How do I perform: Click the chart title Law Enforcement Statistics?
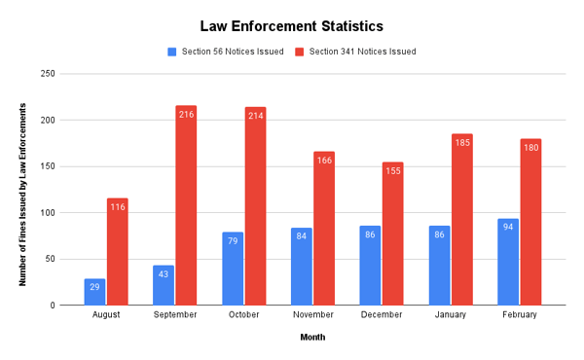tap(291, 26)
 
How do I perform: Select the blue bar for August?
tap(95, 292)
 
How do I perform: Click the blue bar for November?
tap(302, 267)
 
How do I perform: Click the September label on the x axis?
tap(175, 315)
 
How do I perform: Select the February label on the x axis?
tap(520, 315)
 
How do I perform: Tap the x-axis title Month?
tap(311, 338)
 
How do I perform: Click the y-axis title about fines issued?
tap(22, 190)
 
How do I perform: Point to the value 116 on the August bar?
tap(118, 206)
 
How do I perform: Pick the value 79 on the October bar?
tap(233, 240)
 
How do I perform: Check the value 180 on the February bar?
tap(530, 147)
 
